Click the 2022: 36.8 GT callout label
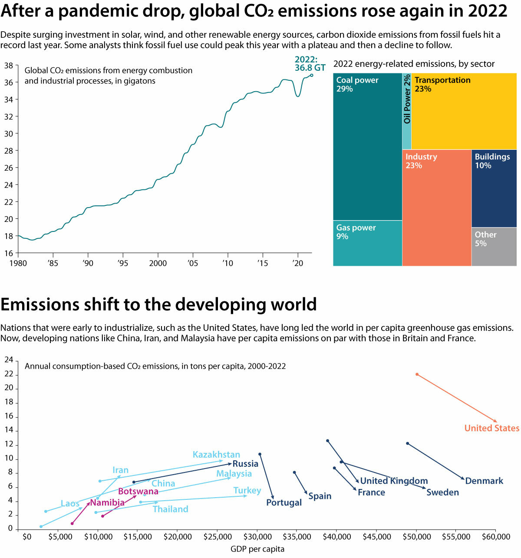click(310, 63)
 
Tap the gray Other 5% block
click(494, 246)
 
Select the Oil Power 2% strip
click(407, 111)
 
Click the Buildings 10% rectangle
click(494, 188)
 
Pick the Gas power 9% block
click(367, 243)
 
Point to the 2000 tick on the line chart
click(158, 263)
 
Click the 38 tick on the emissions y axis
click(8, 66)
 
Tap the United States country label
click(491, 428)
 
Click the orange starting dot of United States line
click(417, 374)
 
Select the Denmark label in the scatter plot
click(484, 481)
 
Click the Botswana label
click(138, 491)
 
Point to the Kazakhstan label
click(216, 455)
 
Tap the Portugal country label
click(284, 502)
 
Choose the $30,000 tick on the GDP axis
click(257, 537)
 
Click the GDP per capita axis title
click(257, 549)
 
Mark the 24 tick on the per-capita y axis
click(9, 360)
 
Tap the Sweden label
click(442, 492)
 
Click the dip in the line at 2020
click(298, 96)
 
